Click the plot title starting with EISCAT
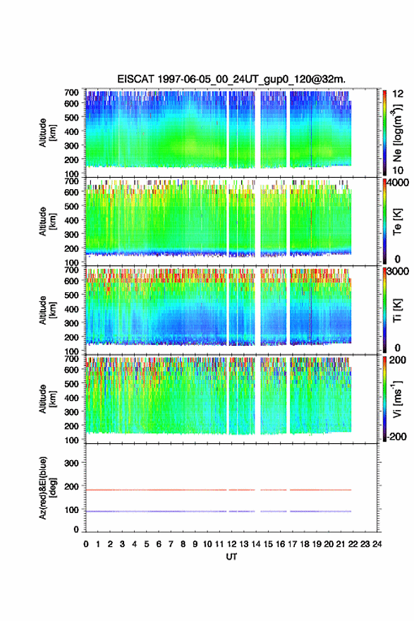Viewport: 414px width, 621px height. [x=231, y=79]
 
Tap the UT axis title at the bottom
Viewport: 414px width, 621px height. [x=231, y=557]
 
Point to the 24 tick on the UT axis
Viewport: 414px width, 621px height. [x=377, y=544]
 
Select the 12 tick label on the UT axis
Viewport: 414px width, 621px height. [x=231, y=544]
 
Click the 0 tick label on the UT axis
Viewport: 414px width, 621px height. [x=86, y=544]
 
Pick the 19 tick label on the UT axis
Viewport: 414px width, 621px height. [x=317, y=544]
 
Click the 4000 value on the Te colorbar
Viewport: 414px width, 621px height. [x=398, y=183]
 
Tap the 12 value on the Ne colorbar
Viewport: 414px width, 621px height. [x=398, y=94]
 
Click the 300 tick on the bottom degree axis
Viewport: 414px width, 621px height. [x=71, y=463]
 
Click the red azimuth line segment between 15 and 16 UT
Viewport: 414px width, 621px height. [x=274, y=490]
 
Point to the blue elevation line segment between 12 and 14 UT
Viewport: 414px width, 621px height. [x=242, y=512]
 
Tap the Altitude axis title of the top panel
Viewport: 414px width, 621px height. [x=47, y=133]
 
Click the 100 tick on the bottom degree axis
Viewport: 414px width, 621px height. [x=71, y=510]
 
